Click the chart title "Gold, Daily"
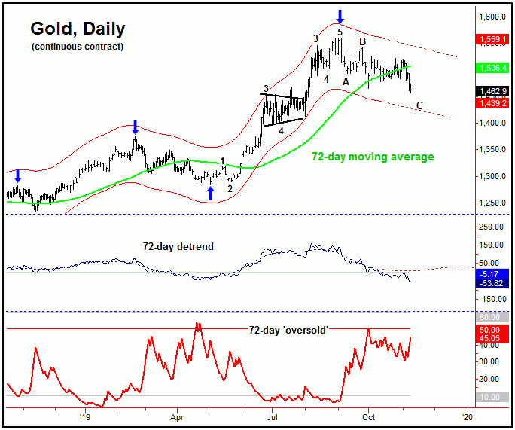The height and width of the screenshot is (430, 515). pos(78,29)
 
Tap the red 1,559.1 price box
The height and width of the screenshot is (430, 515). pos(493,38)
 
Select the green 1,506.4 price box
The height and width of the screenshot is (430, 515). pos(493,67)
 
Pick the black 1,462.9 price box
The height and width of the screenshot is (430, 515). pos(493,92)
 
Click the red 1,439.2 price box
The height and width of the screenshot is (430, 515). pos(493,103)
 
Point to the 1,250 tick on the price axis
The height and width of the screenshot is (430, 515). pos(493,203)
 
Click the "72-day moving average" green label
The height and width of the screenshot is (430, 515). pos(373,157)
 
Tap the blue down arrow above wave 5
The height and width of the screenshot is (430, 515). pos(340,15)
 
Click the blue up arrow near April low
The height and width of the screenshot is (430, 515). pos(211,193)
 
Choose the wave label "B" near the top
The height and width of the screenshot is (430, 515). pos(362,41)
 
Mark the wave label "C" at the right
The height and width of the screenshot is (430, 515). pos(419,105)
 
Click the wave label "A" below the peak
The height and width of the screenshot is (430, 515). pos(346,81)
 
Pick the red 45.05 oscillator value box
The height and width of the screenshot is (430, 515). pos(493,338)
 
